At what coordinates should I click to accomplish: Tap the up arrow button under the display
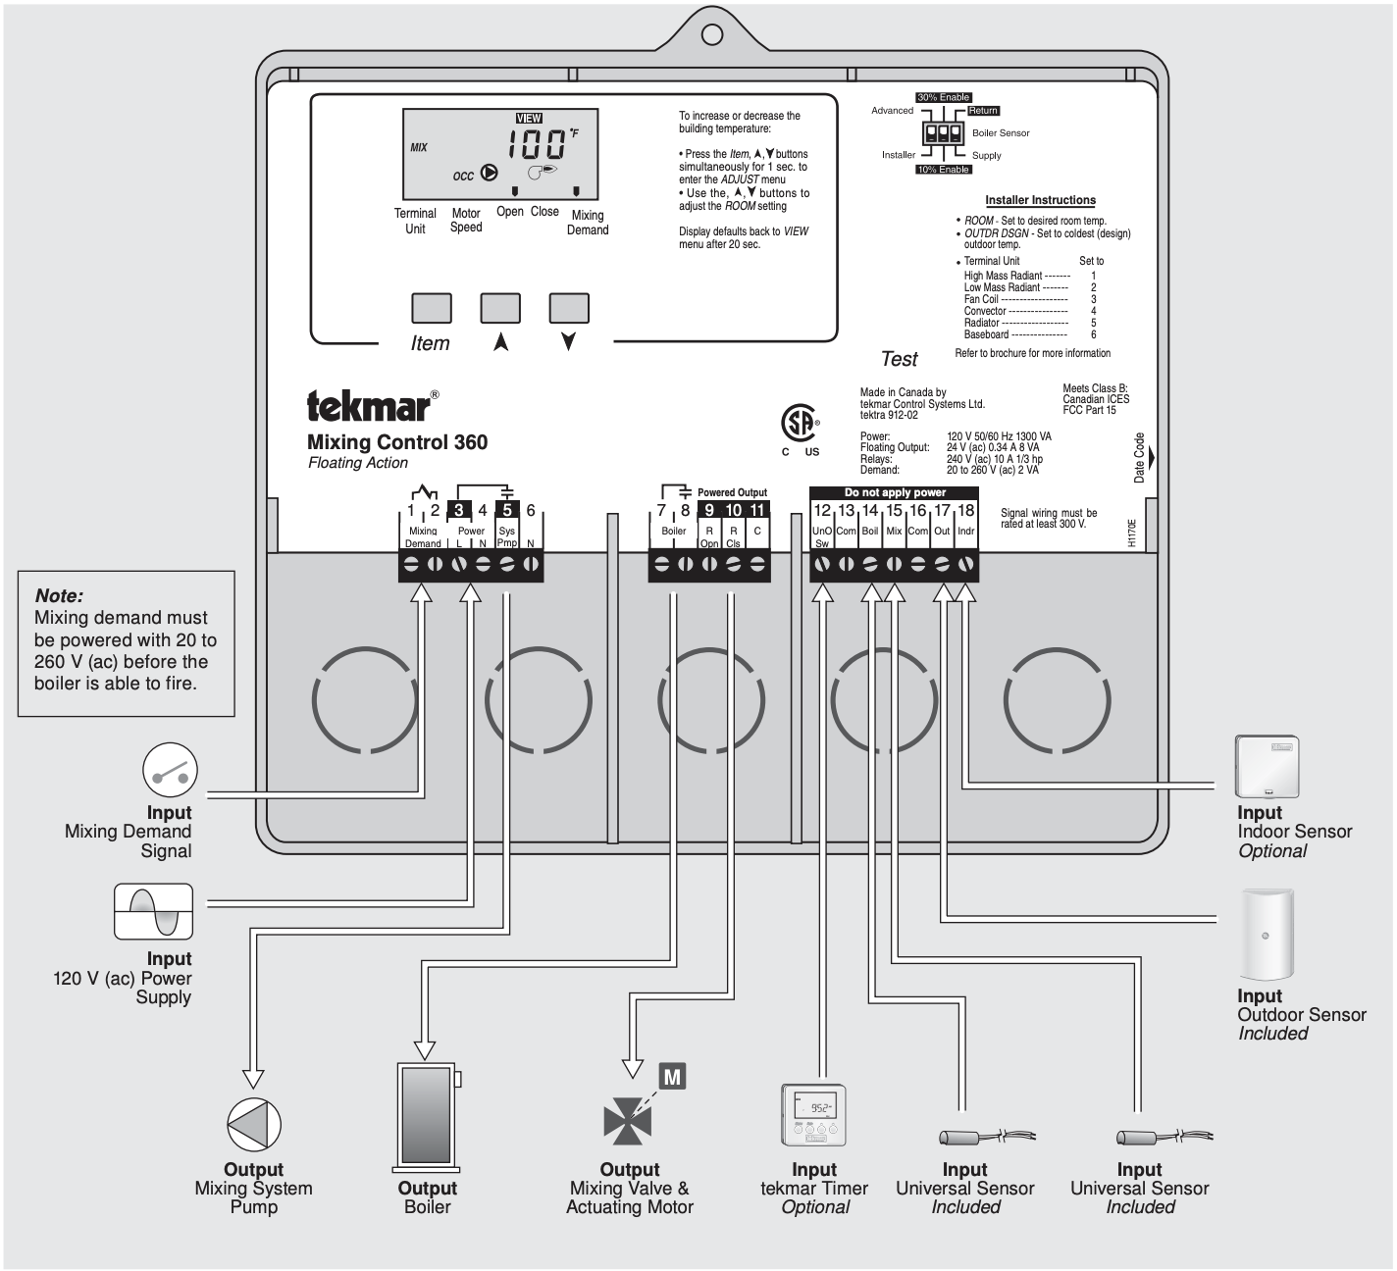(x=500, y=308)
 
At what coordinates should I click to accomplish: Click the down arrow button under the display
(x=569, y=308)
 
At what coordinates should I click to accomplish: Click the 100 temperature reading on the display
(x=536, y=145)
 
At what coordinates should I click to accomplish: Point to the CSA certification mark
(x=800, y=425)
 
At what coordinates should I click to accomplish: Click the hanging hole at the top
(x=712, y=34)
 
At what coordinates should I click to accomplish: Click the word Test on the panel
(x=899, y=359)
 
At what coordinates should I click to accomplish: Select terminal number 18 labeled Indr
(x=966, y=511)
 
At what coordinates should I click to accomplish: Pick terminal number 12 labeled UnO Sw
(x=822, y=511)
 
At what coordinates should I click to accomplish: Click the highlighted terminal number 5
(x=507, y=510)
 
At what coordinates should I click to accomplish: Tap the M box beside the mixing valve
(x=672, y=1077)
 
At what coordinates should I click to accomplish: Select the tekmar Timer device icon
(x=813, y=1115)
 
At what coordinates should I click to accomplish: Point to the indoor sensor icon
(x=1267, y=766)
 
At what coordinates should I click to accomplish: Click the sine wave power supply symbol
(x=154, y=911)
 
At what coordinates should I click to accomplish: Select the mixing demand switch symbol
(x=171, y=770)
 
